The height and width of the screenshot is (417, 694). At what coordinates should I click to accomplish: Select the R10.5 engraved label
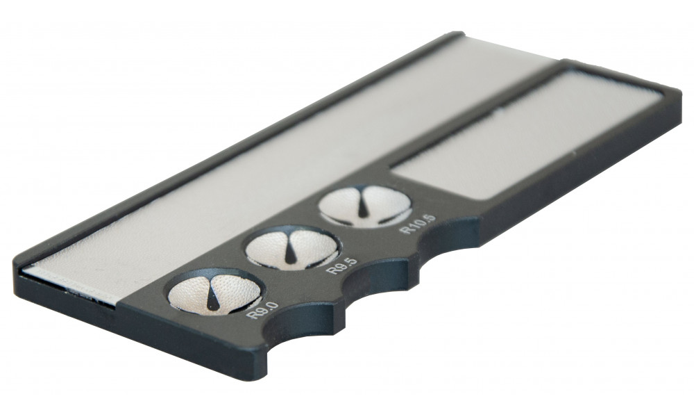click(417, 224)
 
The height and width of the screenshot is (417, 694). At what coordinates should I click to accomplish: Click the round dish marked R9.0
click(214, 293)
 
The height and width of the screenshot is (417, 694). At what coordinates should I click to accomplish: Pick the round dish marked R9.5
click(292, 248)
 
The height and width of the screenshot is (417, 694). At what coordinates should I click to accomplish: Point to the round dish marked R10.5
click(365, 206)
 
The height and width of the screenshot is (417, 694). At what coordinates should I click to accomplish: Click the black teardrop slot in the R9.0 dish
click(213, 297)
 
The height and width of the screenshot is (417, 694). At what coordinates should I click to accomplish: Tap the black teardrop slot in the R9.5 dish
click(290, 252)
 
